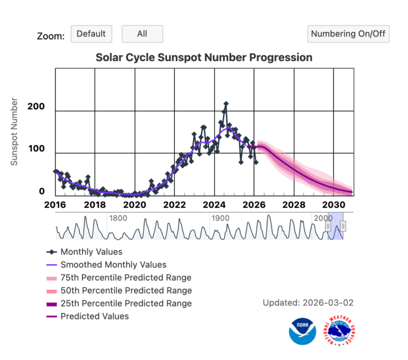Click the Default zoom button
click(91, 34)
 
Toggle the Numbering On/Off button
click(348, 34)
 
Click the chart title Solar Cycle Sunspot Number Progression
click(203, 57)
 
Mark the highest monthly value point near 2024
click(226, 104)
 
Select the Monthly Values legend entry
click(91, 252)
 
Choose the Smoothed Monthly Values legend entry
click(113, 265)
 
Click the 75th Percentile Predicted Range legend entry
click(125, 277)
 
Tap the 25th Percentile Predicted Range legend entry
click(125, 303)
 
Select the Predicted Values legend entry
click(94, 316)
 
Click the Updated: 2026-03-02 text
click(308, 303)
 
